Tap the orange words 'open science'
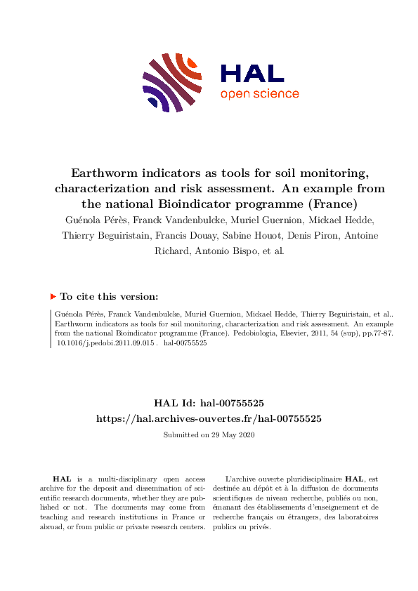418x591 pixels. tap(259, 94)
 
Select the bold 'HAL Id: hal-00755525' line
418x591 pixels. tap(209, 403)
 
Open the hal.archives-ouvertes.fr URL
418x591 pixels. tap(209, 418)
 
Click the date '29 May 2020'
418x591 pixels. tap(233, 435)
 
